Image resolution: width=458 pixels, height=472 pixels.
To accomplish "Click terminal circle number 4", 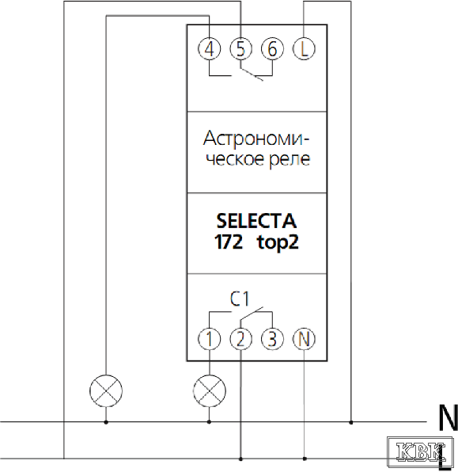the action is pyautogui.click(x=210, y=48).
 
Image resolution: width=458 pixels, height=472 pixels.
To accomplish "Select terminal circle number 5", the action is pyautogui.click(x=241, y=48).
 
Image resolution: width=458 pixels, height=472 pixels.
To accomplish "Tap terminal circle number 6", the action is pyautogui.click(x=272, y=48).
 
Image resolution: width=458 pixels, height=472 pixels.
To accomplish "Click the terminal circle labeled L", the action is pyautogui.click(x=304, y=48).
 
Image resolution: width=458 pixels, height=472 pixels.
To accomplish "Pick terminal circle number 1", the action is pyautogui.click(x=210, y=339).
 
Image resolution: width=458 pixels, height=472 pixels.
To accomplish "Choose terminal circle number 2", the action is pyautogui.click(x=241, y=339).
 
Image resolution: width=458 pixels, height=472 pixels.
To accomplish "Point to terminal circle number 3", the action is pyautogui.click(x=272, y=339).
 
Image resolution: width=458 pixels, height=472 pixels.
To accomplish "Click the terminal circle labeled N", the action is pyautogui.click(x=304, y=339).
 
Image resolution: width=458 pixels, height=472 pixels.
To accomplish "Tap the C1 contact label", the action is pyautogui.click(x=240, y=299).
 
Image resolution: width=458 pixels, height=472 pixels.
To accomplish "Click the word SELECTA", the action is pyautogui.click(x=256, y=221).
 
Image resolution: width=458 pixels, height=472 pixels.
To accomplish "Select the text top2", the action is pyautogui.click(x=278, y=242).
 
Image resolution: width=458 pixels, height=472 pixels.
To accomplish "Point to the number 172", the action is pyautogui.click(x=229, y=242).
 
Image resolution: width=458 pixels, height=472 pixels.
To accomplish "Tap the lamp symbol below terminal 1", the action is pyautogui.click(x=210, y=391).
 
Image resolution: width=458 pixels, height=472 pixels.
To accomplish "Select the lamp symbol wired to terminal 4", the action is pyautogui.click(x=106, y=391).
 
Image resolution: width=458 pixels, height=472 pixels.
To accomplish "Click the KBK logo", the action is pyautogui.click(x=420, y=452).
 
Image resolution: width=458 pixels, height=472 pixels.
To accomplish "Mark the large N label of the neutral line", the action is pyautogui.click(x=449, y=418).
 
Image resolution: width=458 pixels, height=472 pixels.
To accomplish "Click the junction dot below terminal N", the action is pyautogui.click(x=305, y=459).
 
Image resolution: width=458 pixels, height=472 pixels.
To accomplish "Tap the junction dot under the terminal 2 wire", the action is pyautogui.click(x=240, y=459).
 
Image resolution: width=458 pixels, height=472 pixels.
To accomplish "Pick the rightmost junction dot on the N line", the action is pyautogui.click(x=351, y=422).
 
